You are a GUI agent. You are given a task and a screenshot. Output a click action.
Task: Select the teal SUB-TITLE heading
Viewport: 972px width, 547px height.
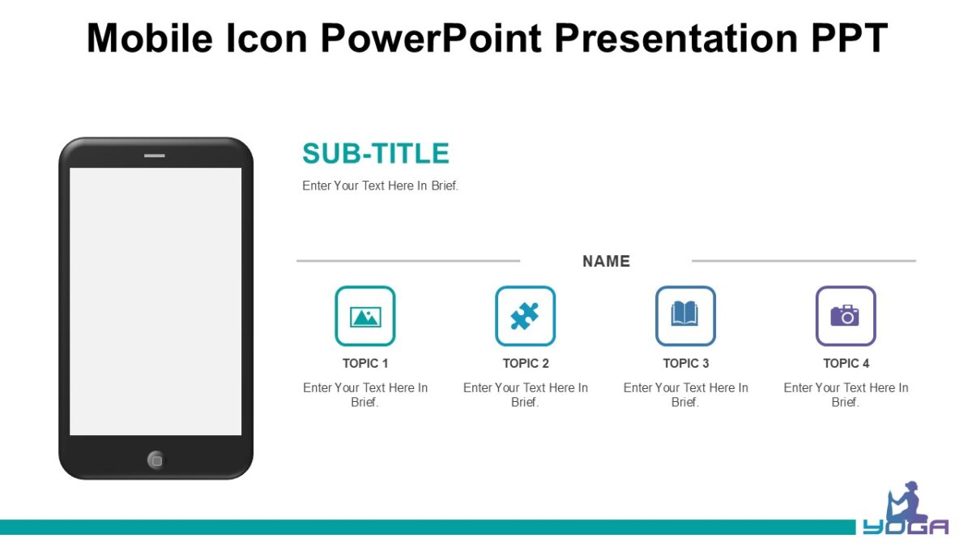pyautogui.click(x=375, y=153)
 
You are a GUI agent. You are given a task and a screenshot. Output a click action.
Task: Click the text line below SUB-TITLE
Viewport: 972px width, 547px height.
pyautogui.click(x=380, y=186)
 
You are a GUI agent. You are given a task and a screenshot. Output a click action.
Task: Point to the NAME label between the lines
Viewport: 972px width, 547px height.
pyautogui.click(x=606, y=261)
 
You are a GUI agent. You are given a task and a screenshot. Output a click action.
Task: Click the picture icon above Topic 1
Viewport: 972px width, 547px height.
pyautogui.click(x=365, y=316)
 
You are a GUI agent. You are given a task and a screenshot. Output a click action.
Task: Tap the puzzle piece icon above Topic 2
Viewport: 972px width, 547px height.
pyautogui.click(x=525, y=316)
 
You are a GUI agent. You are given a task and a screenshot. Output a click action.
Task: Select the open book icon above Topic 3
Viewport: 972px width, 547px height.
pyautogui.click(x=685, y=314)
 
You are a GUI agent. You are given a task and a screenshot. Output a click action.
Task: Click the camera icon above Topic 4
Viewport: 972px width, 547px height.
pyautogui.click(x=845, y=315)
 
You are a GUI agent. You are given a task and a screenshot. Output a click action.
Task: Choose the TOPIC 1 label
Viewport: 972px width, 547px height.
pyautogui.click(x=365, y=363)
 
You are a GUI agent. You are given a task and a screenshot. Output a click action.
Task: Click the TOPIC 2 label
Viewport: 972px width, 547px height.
pyautogui.click(x=526, y=363)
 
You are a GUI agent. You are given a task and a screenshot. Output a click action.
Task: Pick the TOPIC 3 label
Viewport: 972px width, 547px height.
pyautogui.click(x=686, y=363)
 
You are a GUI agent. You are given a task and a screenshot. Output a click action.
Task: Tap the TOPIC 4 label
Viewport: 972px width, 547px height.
pyautogui.click(x=846, y=363)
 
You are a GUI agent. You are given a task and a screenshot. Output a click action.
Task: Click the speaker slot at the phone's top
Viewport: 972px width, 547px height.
pyautogui.click(x=155, y=155)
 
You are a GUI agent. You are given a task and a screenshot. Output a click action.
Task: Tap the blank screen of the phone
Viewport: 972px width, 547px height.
pyautogui.click(x=156, y=301)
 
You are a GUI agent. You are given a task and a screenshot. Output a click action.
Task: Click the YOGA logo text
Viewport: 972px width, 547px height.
pyautogui.click(x=905, y=528)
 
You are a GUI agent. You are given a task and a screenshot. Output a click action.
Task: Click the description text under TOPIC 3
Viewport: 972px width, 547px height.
pyautogui.click(x=685, y=395)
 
